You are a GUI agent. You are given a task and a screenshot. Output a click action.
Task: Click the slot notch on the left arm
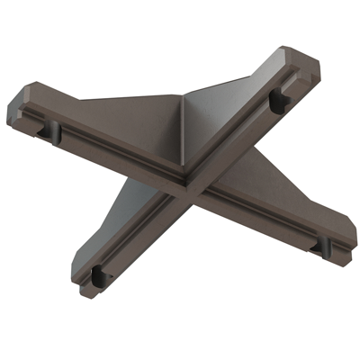tap(45, 130)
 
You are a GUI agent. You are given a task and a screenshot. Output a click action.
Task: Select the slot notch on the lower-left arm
tap(97, 274)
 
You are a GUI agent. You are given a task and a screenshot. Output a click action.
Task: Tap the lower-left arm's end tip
tap(85, 290)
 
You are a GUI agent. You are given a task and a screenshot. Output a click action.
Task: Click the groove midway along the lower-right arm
tap(261, 216)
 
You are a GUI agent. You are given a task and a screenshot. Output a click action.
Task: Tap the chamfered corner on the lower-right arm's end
tap(349, 229)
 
